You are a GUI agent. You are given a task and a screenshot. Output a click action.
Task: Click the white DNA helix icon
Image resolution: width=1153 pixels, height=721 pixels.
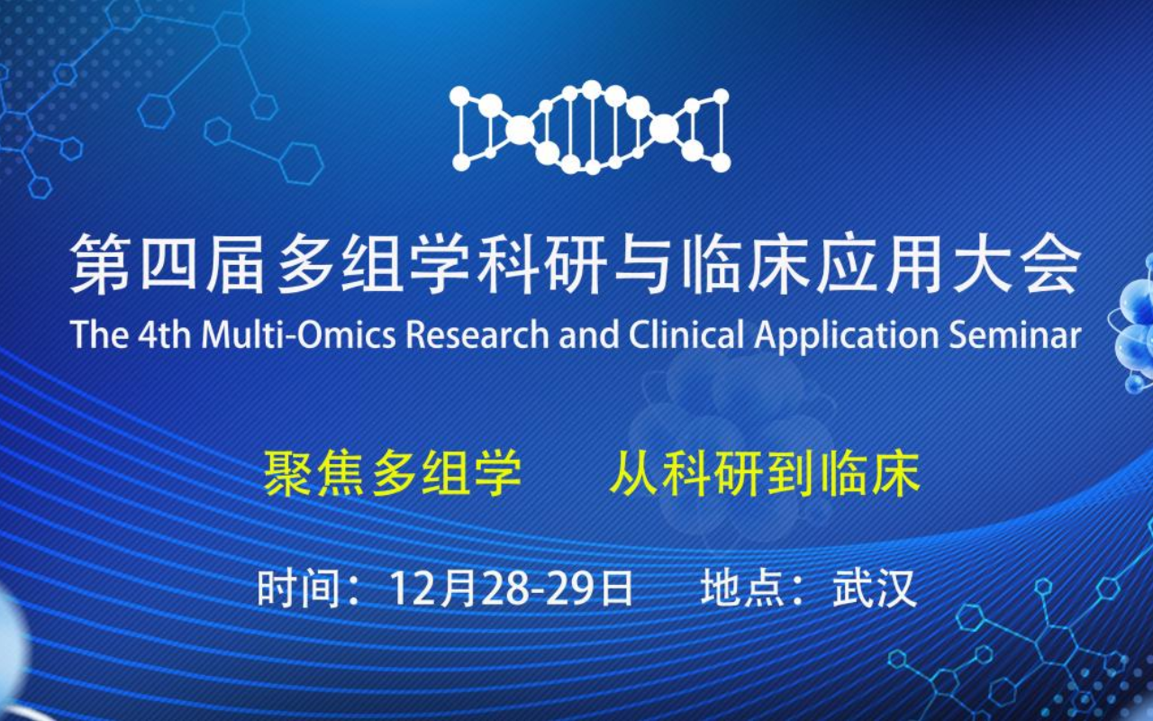591,127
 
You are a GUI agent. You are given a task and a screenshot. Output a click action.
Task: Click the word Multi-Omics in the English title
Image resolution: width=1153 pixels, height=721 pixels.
298,334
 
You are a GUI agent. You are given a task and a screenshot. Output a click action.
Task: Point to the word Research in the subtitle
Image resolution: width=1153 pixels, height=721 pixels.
477,334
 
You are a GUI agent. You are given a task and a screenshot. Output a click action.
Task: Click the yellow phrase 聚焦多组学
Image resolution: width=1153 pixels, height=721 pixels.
392,474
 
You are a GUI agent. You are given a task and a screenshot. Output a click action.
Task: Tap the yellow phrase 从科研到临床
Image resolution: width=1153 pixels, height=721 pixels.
765,474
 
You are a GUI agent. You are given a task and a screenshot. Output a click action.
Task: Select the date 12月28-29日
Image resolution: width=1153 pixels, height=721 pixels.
511,588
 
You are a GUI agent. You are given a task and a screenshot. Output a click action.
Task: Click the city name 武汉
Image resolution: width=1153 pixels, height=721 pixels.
875,588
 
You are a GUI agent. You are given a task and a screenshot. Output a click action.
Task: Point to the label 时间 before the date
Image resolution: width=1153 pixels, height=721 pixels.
298,588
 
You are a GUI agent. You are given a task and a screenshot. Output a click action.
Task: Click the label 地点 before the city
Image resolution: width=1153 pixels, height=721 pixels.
743,588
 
